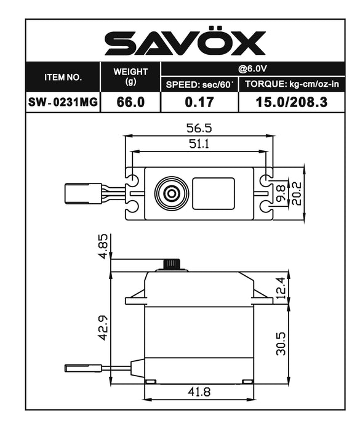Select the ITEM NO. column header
pyautogui.click(x=63, y=78)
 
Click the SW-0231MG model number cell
pyautogui.click(x=63, y=103)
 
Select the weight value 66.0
pyautogui.click(x=130, y=103)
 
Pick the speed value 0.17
pyautogui.click(x=199, y=103)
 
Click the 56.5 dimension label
pyautogui.click(x=199, y=128)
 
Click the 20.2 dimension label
pyautogui.click(x=297, y=193)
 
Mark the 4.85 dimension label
pyautogui.click(x=103, y=246)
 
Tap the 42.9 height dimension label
pyautogui.click(x=103, y=327)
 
